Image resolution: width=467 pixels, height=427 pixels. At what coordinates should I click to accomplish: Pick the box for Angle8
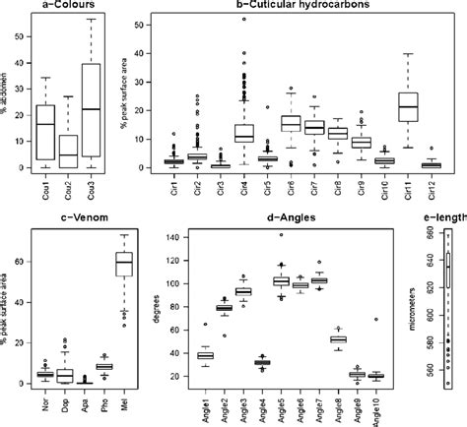coord(338,339)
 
